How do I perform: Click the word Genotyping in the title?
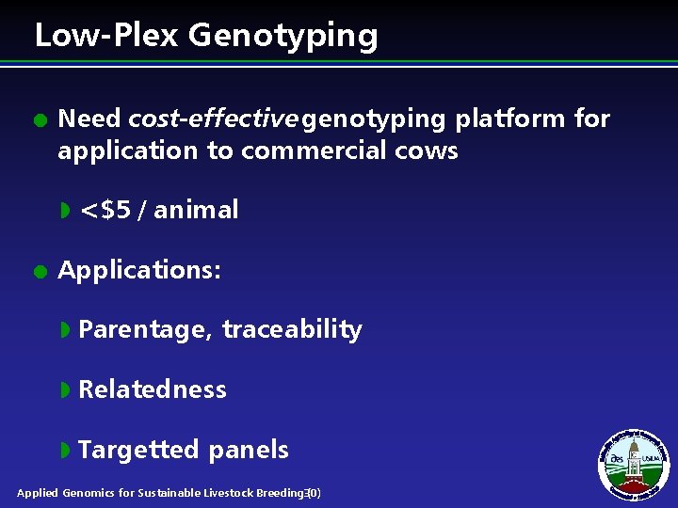(282, 36)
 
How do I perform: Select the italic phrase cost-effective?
(213, 119)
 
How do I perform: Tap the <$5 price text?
(105, 210)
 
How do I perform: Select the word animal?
(196, 210)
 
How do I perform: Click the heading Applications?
(139, 271)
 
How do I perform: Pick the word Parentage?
(144, 330)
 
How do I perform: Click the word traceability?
(292, 330)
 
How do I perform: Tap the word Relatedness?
(153, 389)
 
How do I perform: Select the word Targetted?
(138, 451)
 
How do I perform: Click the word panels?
(249, 451)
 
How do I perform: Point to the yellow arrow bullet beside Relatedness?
(65, 389)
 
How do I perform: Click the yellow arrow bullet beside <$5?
(65, 210)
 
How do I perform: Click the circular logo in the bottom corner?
(633, 464)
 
